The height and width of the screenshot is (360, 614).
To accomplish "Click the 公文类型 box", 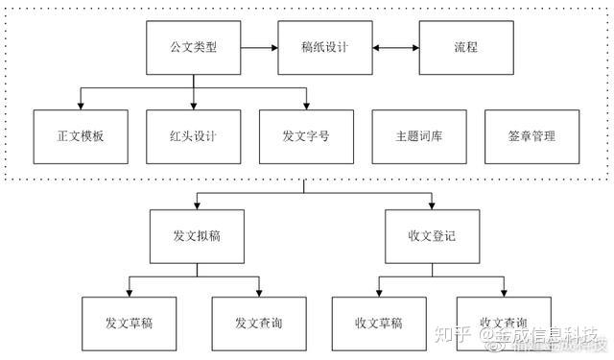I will pos(193,46).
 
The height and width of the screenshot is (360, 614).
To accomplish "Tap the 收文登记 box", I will pos(431,236).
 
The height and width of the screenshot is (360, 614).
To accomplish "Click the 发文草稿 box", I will pos(129,322).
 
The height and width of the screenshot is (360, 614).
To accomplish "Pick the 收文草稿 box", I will pos(378,322).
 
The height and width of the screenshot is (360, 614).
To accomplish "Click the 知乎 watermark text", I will pos(454,334).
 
